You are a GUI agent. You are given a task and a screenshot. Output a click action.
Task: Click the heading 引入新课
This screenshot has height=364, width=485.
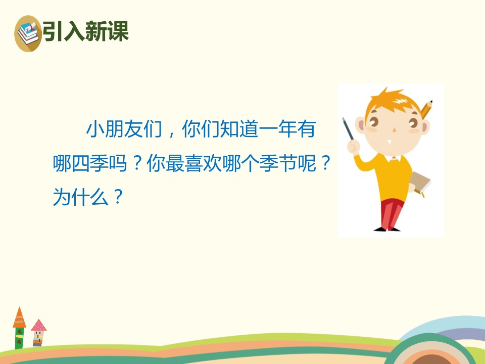tap(85, 31)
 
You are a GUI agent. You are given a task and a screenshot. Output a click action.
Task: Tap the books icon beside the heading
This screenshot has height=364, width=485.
tap(28, 33)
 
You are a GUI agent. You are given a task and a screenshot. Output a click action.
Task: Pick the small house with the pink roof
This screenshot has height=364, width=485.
tap(38, 332)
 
